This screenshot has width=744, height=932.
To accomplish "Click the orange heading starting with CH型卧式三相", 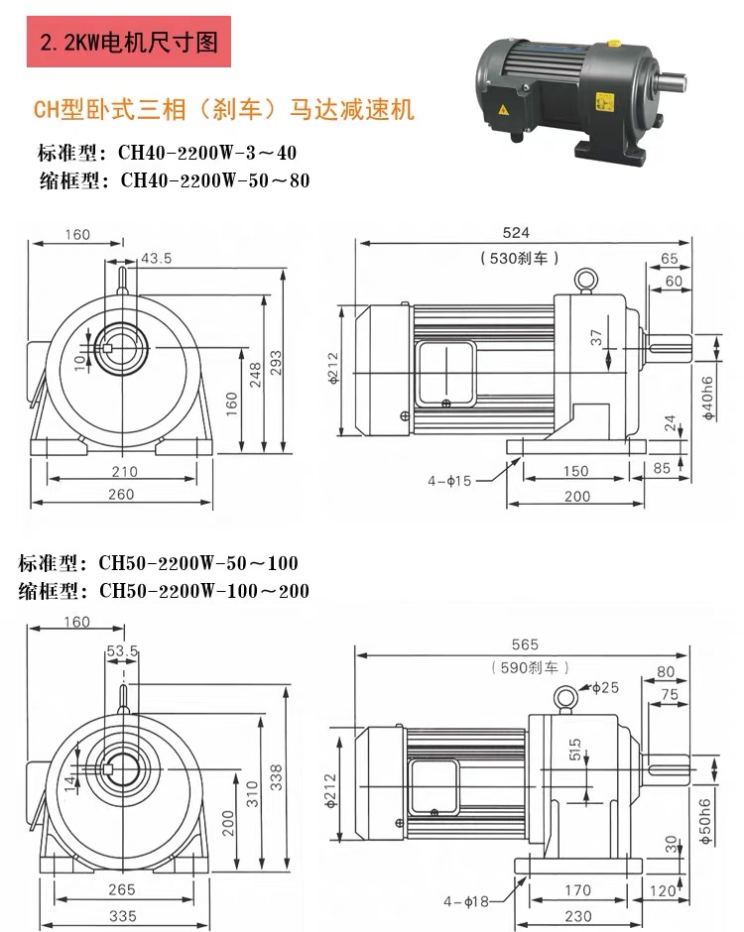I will [224, 109].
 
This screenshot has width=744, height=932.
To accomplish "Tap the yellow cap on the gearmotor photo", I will [614, 45].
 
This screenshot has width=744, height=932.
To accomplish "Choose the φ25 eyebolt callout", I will [604, 687].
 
